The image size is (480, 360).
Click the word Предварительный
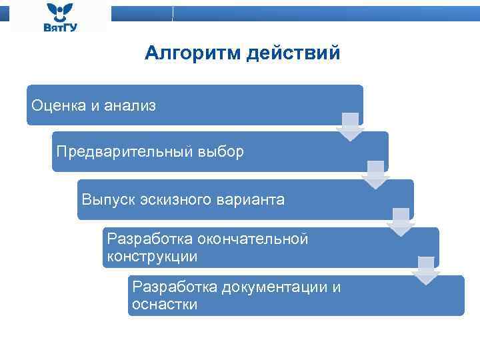coord(125,152)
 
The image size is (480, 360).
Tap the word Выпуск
coord(108,199)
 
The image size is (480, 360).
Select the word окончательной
coord(257,239)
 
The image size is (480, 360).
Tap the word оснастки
coord(165,305)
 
